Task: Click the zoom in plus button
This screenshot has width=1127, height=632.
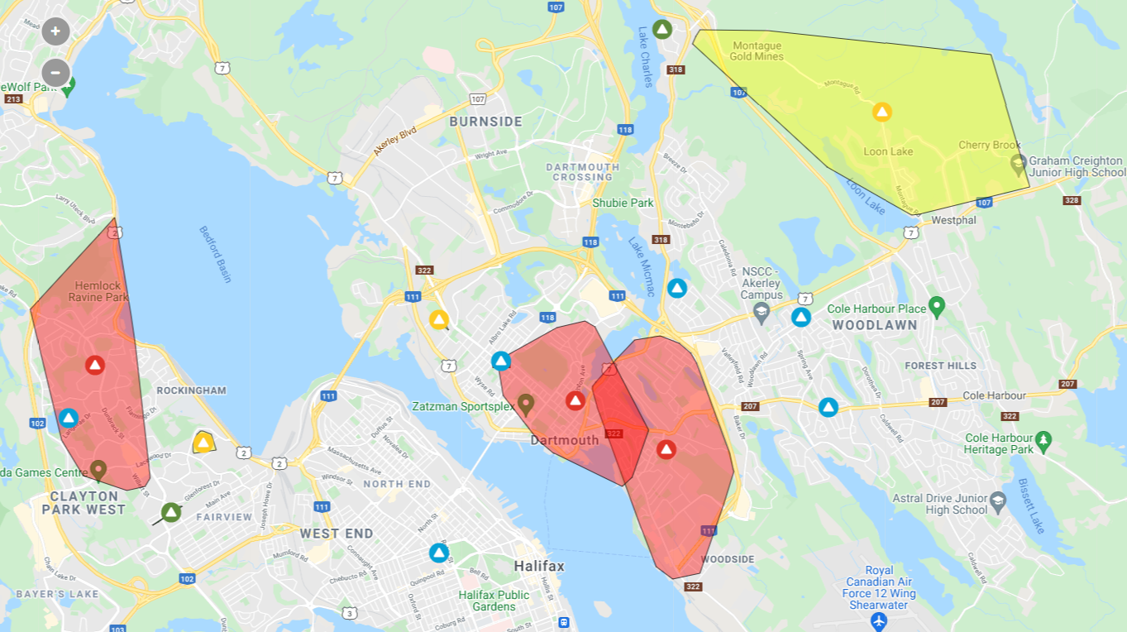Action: coord(55,31)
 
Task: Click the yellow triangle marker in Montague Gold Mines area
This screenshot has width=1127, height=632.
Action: coord(882,112)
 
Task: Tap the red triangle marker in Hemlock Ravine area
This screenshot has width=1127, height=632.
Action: coord(95,365)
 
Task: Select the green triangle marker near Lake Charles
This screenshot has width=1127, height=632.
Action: coord(661,29)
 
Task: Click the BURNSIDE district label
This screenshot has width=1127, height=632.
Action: coord(485,122)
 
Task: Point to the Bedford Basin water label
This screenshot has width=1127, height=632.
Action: coord(215,254)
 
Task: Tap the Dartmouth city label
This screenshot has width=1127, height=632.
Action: coord(564,440)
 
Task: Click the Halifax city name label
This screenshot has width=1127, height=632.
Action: coord(538,567)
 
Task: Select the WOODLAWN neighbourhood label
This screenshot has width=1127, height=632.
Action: coord(875,325)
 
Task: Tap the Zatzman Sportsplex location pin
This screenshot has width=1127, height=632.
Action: coord(524,404)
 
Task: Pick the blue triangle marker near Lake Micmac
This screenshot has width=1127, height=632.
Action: coord(677,288)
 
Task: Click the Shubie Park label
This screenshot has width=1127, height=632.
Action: coord(623,203)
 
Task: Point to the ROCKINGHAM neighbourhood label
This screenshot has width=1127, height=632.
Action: coord(191,390)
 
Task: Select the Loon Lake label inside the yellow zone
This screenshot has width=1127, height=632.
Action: coord(888,151)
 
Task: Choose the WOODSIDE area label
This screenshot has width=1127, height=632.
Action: coord(728,559)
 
